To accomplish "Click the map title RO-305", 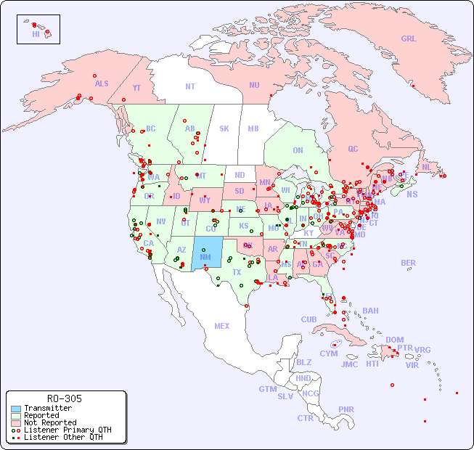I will click(x=65, y=398).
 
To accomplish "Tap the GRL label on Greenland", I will click(x=409, y=39).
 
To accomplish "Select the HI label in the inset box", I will click(x=36, y=34).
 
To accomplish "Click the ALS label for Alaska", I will click(x=102, y=83).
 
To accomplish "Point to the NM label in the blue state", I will click(x=205, y=257).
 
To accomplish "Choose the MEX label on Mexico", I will click(x=222, y=326).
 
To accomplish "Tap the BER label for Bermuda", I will click(x=408, y=263).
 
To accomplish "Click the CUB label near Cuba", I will click(x=309, y=319).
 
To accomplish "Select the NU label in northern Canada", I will click(x=254, y=85).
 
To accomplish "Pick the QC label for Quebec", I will click(x=353, y=149).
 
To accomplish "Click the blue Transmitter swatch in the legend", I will click(x=16, y=409).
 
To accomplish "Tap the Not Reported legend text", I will click(x=50, y=422).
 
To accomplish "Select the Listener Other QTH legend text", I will click(x=62, y=437).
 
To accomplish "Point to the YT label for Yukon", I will click(x=136, y=87).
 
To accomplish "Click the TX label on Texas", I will click(x=237, y=272).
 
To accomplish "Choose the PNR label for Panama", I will click(x=346, y=409).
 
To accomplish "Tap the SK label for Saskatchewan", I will click(x=224, y=128).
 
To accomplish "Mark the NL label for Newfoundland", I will click(x=426, y=166).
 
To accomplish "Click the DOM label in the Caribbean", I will click(x=395, y=340).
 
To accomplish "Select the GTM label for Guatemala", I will click(x=268, y=389).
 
